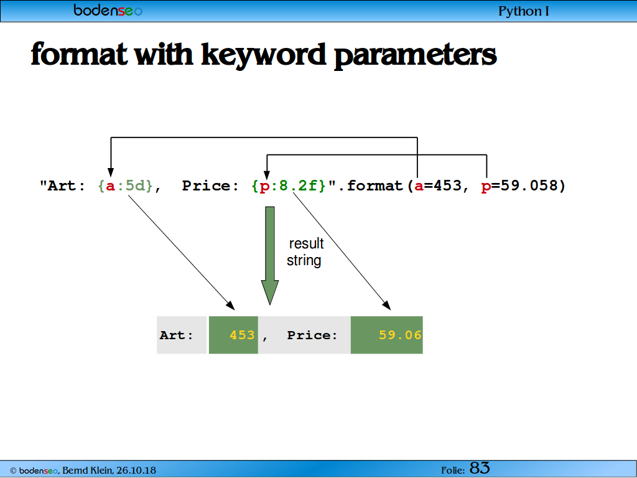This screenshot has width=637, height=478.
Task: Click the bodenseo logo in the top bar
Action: point(108,10)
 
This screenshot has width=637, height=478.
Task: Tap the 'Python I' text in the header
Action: point(524,11)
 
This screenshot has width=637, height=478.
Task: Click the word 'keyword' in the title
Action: point(264,55)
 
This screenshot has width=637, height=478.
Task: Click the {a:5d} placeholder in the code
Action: point(125,185)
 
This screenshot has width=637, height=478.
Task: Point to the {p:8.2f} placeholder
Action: point(289,185)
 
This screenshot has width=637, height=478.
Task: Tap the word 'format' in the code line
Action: point(374,185)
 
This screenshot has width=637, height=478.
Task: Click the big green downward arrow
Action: point(270,255)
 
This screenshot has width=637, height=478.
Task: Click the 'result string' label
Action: point(305,252)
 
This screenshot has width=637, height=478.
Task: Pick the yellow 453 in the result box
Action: point(242,335)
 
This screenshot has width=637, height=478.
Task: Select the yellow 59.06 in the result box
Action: point(400,335)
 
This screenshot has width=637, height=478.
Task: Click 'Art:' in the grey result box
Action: point(176,335)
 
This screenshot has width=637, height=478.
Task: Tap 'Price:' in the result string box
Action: point(312,335)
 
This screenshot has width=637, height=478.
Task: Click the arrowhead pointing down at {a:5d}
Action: point(111,172)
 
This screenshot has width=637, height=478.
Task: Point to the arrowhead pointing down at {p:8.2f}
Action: point(266,175)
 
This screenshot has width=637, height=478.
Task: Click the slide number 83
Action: point(480,468)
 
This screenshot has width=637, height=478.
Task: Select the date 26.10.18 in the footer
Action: point(136,471)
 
